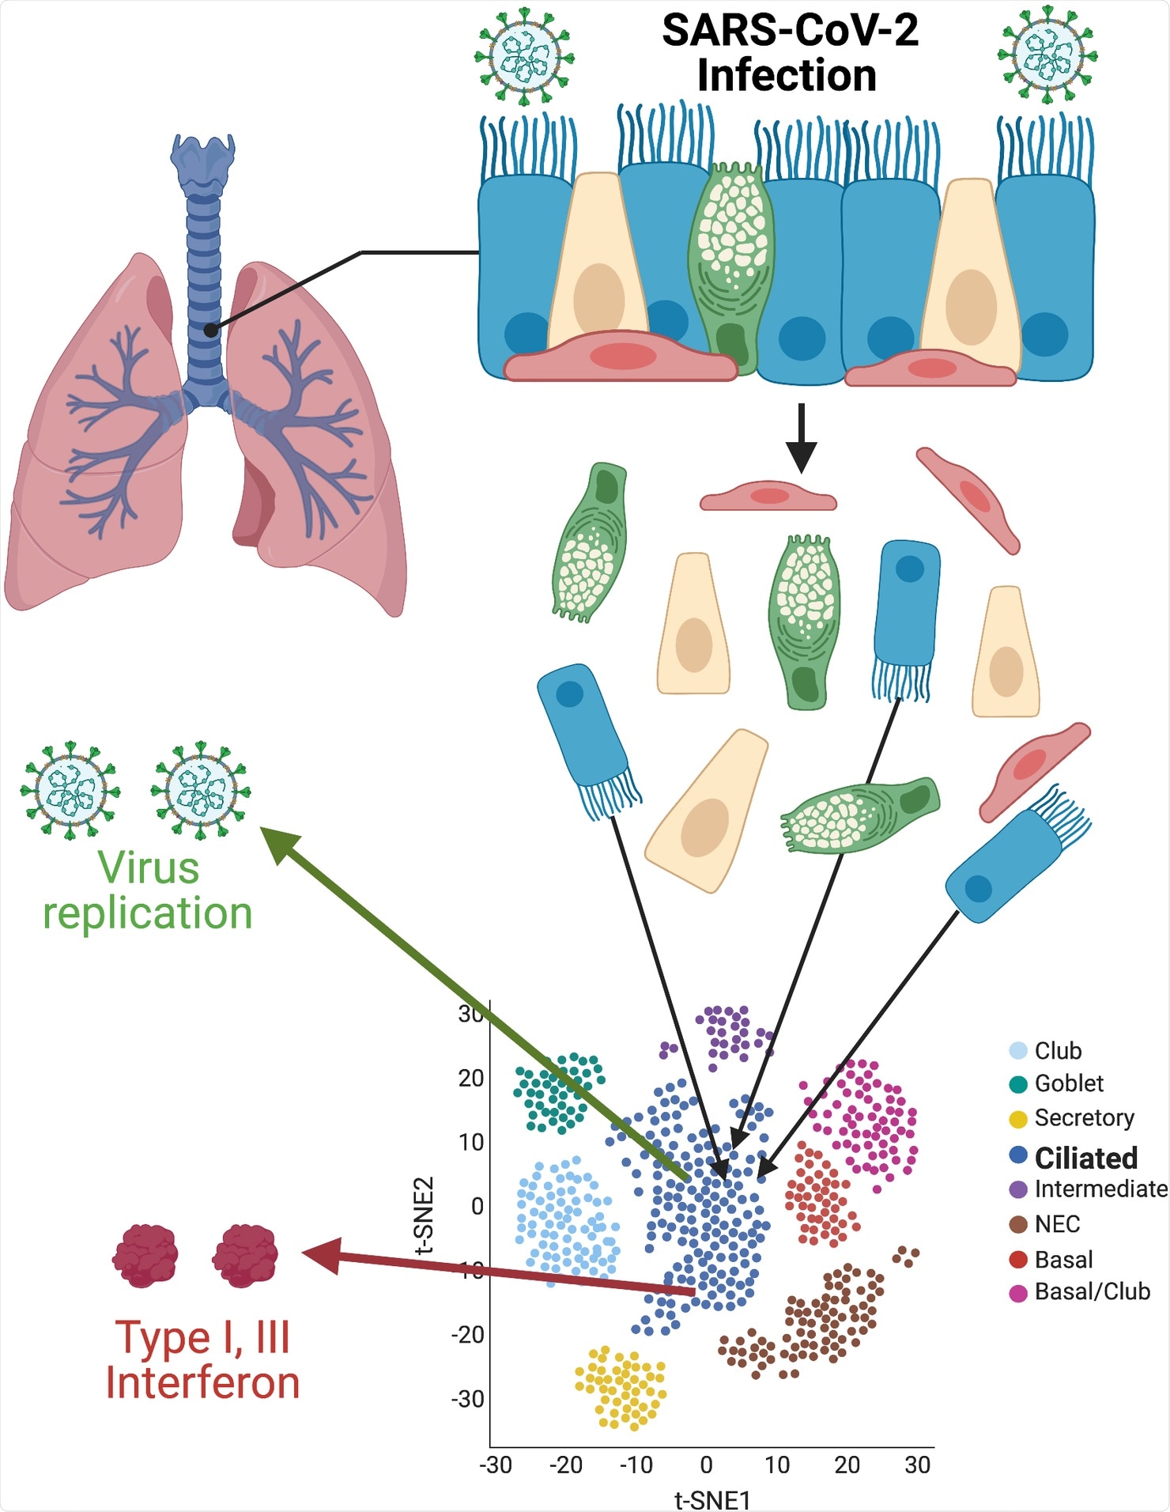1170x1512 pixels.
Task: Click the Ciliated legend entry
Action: (1085, 1158)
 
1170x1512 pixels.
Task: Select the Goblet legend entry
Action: (1068, 1083)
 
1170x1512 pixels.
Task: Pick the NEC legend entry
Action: (1056, 1224)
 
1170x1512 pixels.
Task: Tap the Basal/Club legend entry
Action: (1091, 1291)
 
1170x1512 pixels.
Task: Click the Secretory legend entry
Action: (1083, 1117)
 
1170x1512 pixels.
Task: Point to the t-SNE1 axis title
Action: (711, 1499)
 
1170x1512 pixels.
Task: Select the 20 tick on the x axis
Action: (847, 1465)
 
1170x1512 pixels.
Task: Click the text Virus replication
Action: (148, 890)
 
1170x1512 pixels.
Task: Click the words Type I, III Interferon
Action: (202, 1360)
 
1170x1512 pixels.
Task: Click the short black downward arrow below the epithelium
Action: (802, 439)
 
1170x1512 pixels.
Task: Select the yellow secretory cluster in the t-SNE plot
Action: (621, 1389)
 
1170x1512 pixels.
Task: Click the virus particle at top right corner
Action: (1047, 55)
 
